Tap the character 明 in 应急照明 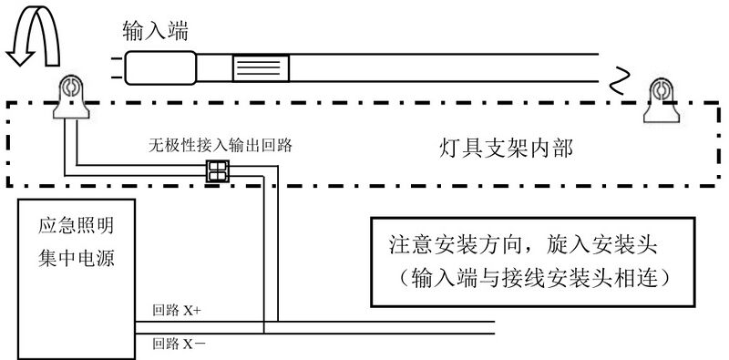click(x=107, y=224)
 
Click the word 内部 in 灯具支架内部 click(x=555, y=148)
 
